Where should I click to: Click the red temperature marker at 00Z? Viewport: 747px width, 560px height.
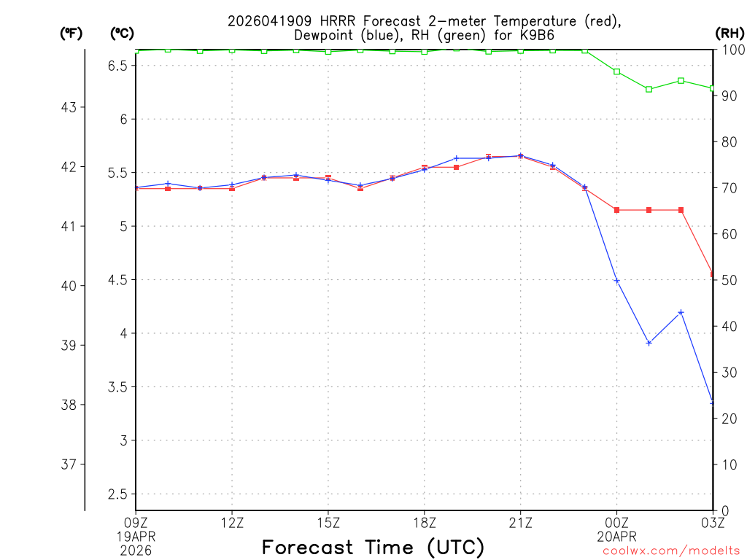click(x=616, y=210)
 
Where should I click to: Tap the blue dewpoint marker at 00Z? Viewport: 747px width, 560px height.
click(x=616, y=281)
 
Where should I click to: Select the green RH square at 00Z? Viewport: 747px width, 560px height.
click(x=616, y=71)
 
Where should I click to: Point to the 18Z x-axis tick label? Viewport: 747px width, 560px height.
click(x=424, y=522)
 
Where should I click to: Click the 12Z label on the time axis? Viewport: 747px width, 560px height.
click(x=232, y=522)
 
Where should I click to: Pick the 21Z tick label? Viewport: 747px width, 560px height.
click(x=520, y=522)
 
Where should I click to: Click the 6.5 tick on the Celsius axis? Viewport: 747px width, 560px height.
click(x=117, y=66)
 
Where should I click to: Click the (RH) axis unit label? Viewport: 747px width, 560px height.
click(x=728, y=34)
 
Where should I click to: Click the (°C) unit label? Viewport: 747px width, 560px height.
click(x=121, y=34)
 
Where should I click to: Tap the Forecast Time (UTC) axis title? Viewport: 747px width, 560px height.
click(x=373, y=547)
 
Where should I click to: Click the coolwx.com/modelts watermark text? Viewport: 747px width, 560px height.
click(x=671, y=551)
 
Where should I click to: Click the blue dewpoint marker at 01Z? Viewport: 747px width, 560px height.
click(x=649, y=343)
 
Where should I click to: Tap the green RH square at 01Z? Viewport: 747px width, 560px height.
click(x=649, y=89)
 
